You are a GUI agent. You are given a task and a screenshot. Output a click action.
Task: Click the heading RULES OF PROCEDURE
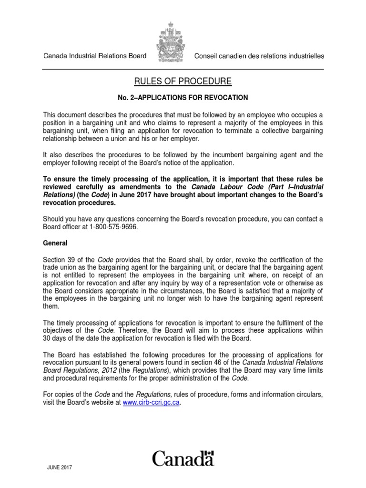(183, 81)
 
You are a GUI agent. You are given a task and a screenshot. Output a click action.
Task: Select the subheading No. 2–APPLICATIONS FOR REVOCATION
(183, 98)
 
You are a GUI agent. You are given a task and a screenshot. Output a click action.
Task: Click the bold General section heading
(55, 243)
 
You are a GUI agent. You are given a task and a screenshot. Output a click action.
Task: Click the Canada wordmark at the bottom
(183, 458)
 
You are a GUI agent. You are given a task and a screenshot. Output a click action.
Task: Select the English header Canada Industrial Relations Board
(95, 56)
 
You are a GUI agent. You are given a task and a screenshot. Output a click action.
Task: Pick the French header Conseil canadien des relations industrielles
(259, 56)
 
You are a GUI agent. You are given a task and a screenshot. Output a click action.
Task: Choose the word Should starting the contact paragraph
(54, 219)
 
